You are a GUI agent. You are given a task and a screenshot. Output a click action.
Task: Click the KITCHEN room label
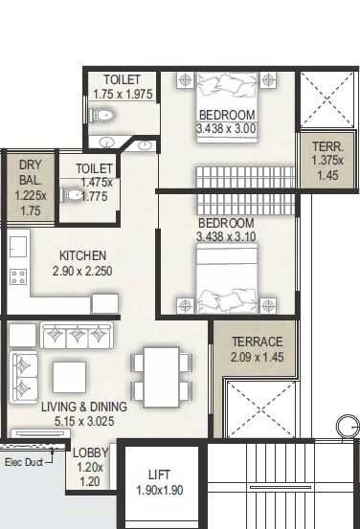click(82, 255)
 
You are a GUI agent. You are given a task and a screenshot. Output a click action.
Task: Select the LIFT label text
click(159, 474)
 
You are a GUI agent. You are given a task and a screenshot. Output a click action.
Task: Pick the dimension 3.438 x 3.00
click(227, 128)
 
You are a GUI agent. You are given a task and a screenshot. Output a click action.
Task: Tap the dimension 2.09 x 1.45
click(257, 358)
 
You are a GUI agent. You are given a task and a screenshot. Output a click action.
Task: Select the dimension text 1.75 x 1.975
click(122, 94)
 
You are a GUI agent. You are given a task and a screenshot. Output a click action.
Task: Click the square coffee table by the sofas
click(70, 375)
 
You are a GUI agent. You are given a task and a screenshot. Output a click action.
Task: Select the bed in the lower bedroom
click(227, 277)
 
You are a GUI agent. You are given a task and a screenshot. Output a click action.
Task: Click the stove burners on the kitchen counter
click(17, 277)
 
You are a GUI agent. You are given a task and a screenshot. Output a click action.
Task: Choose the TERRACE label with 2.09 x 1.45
click(257, 342)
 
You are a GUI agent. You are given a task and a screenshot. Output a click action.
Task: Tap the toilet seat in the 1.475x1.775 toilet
click(73, 194)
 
